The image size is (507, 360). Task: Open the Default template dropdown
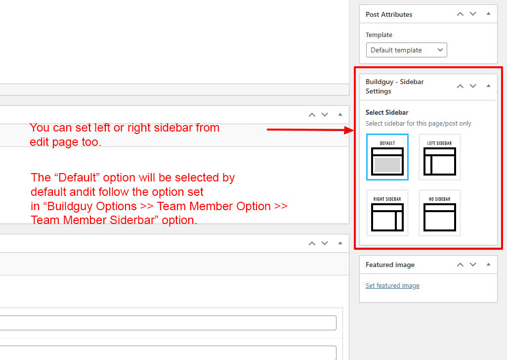[407, 50]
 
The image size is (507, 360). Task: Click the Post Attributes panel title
[389, 14]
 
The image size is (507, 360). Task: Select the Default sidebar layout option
[387, 157]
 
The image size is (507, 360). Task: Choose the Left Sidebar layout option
[440, 157]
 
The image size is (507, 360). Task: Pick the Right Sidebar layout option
[387, 213]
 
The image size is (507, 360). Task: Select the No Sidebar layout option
[440, 213]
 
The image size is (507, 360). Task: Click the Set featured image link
[392, 286]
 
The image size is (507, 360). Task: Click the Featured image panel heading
[390, 265]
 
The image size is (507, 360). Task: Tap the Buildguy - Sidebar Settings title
[395, 87]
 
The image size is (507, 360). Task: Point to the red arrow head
[349, 130]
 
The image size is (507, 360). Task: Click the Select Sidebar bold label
[387, 113]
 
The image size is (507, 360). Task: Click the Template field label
[379, 35]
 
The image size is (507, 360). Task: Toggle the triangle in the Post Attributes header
[488, 13]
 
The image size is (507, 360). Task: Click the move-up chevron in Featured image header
[460, 265]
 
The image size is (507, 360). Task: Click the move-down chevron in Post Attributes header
[473, 14]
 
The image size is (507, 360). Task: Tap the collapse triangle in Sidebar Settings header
[488, 86]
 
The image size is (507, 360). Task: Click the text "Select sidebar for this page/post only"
[419, 124]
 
